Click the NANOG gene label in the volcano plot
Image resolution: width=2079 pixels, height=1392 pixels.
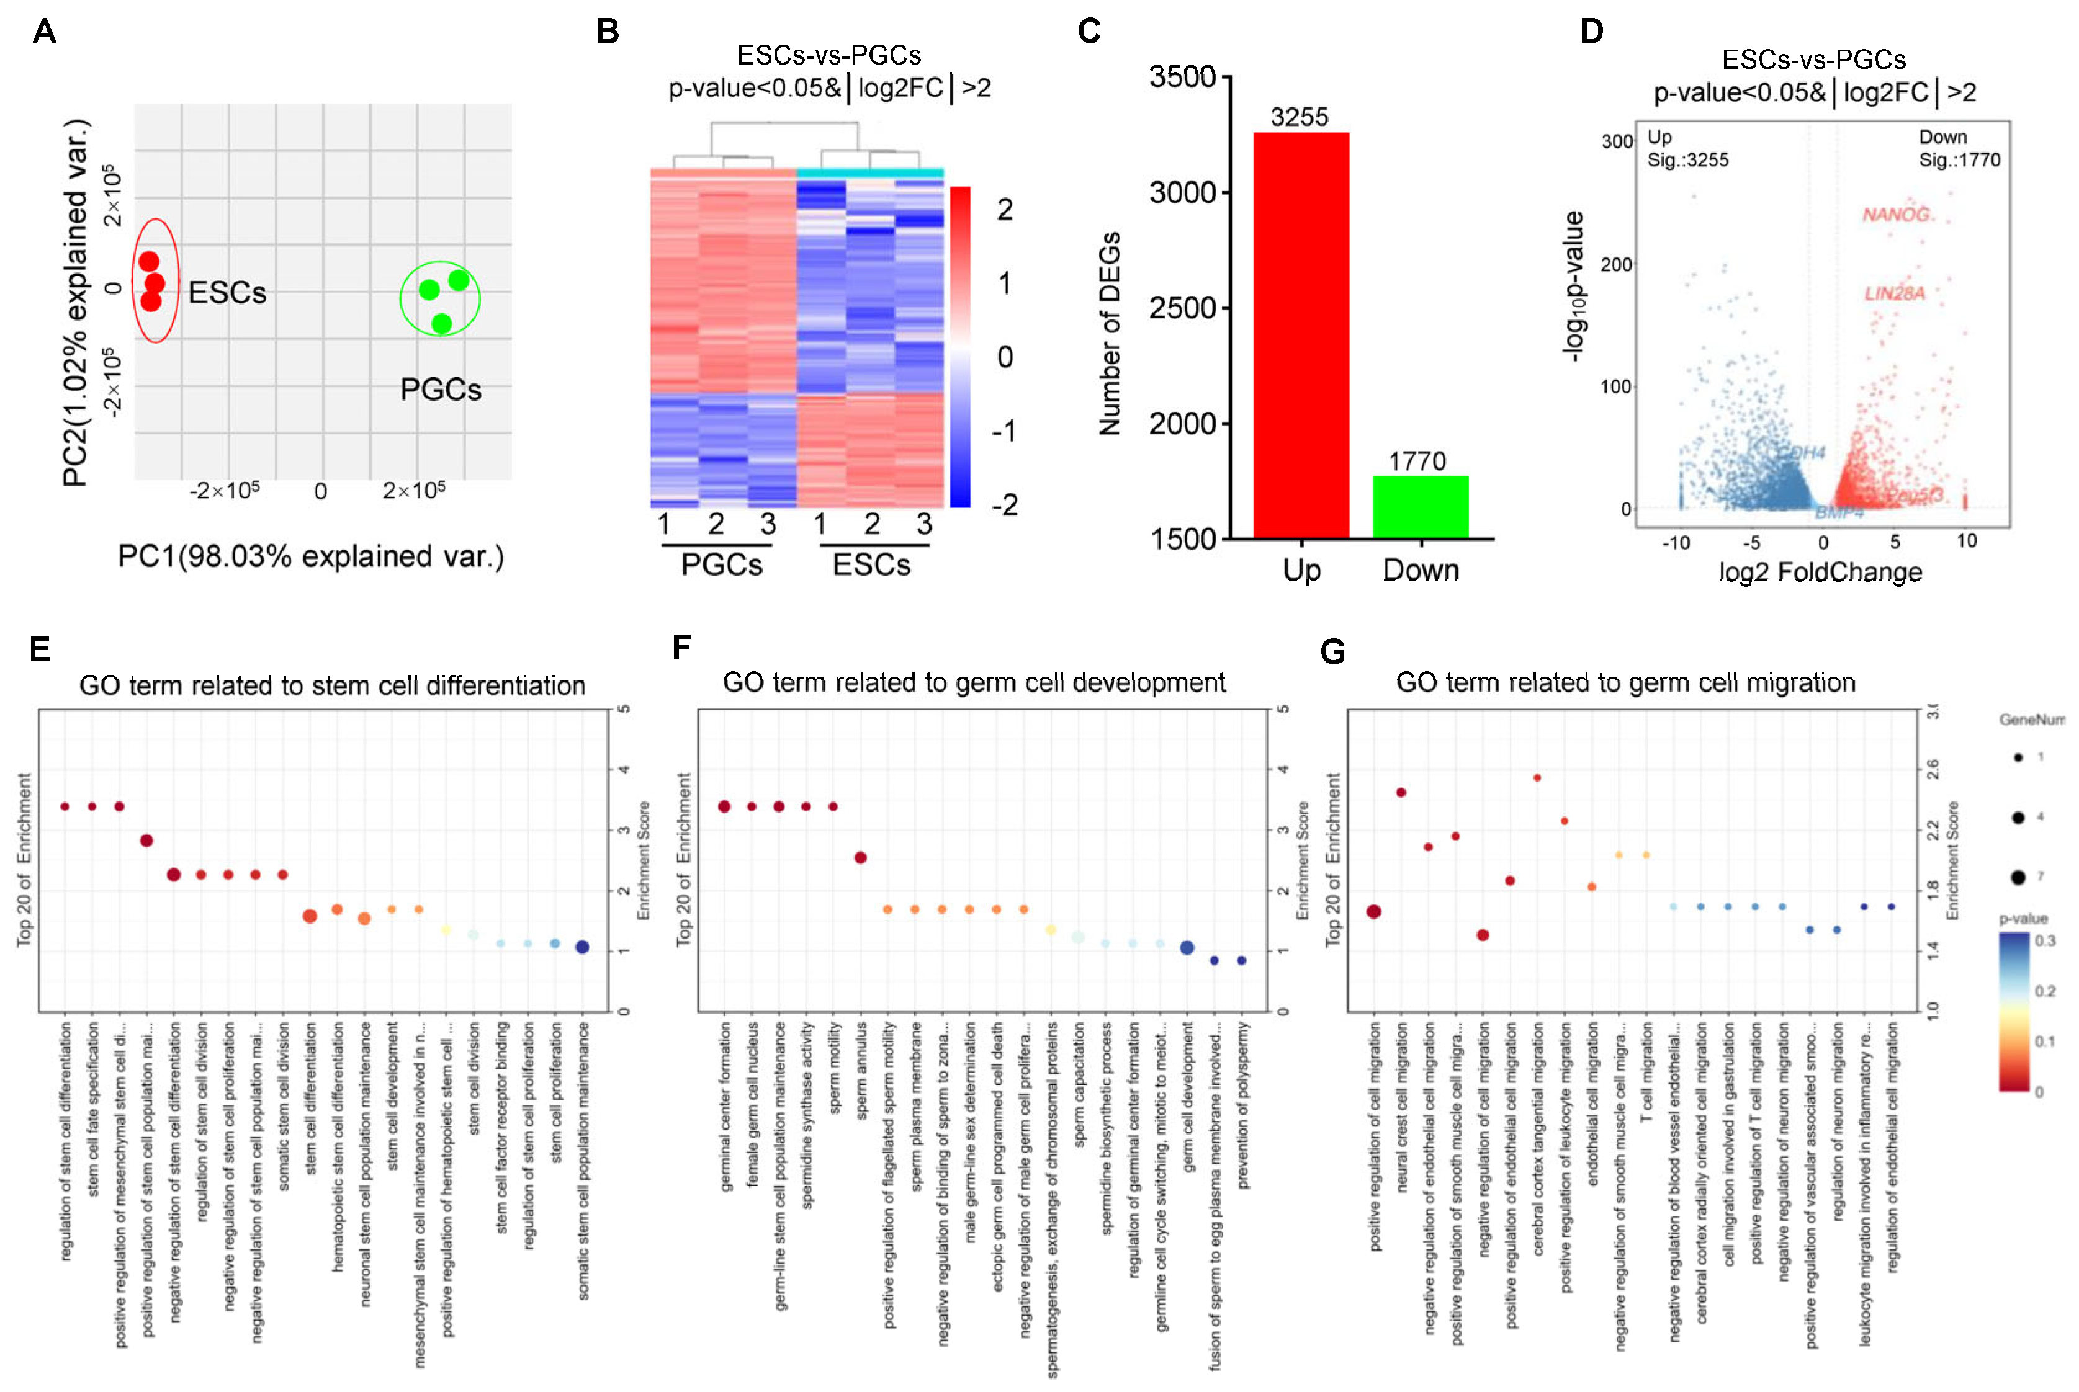[1894, 215]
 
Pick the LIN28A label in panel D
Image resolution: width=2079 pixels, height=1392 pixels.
[1893, 293]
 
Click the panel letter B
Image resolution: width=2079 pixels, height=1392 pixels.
[608, 32]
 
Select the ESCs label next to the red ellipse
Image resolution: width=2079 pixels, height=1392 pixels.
[227, 293]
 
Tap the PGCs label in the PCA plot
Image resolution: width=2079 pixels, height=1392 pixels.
[441, 390]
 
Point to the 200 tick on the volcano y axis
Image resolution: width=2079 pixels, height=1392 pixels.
[1615, 264]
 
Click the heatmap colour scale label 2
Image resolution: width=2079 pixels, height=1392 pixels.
[1004, 210]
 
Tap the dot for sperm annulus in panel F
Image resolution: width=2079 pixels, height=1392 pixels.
[860, 857]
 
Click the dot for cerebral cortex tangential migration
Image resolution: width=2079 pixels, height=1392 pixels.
[1537, 778]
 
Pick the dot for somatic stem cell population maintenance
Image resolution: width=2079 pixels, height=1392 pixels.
[581, 947]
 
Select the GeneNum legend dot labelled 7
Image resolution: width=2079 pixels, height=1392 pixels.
[2018, 877]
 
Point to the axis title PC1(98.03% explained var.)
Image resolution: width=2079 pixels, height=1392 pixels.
[311, 556]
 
